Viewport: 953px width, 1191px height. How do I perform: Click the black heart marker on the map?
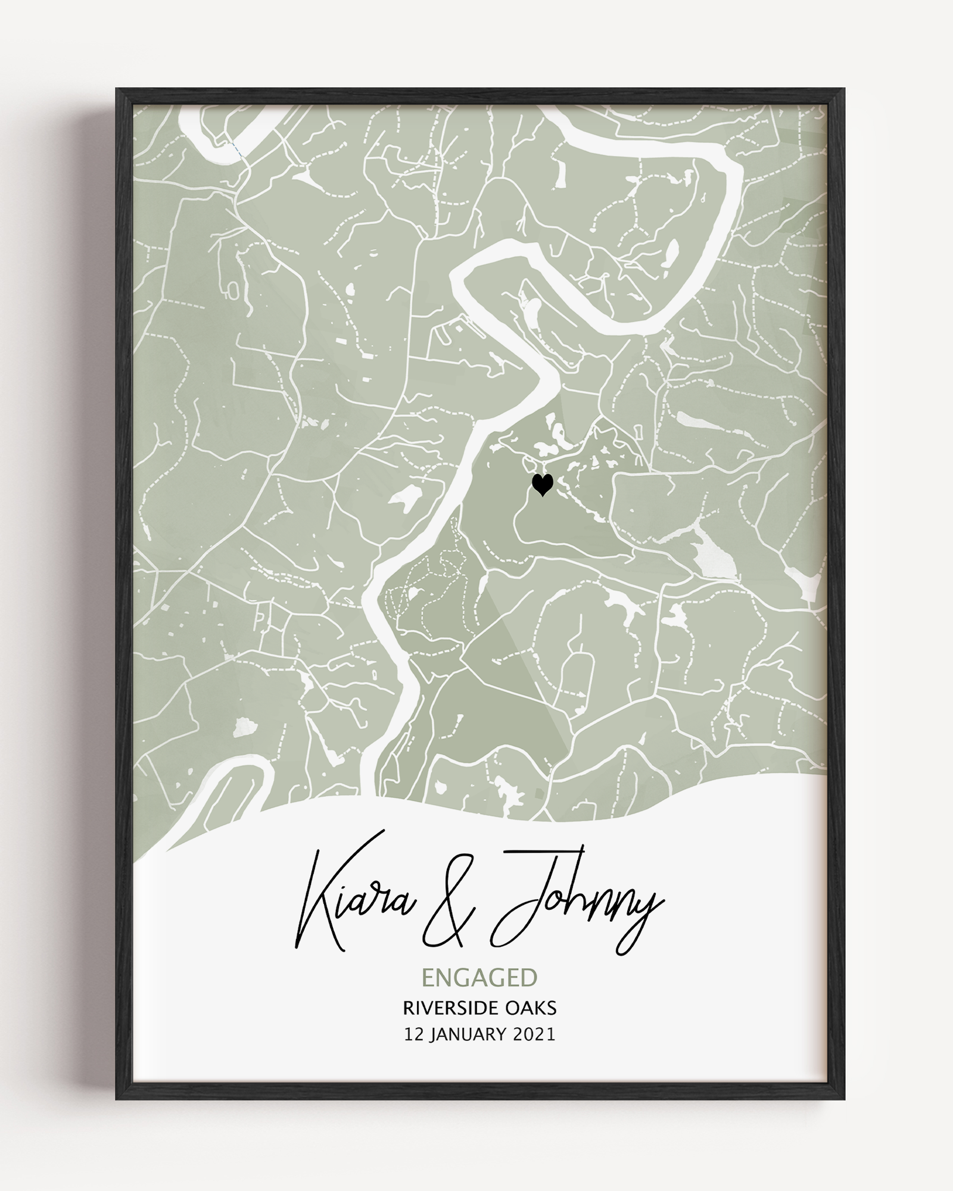coord(542,485)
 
